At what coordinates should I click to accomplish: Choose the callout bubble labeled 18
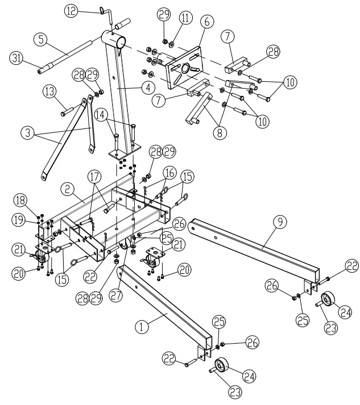(x=20, y=200)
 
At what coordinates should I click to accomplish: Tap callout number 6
(x=206, y=21)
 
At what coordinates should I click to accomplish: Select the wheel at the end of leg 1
(x=222, y=365)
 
